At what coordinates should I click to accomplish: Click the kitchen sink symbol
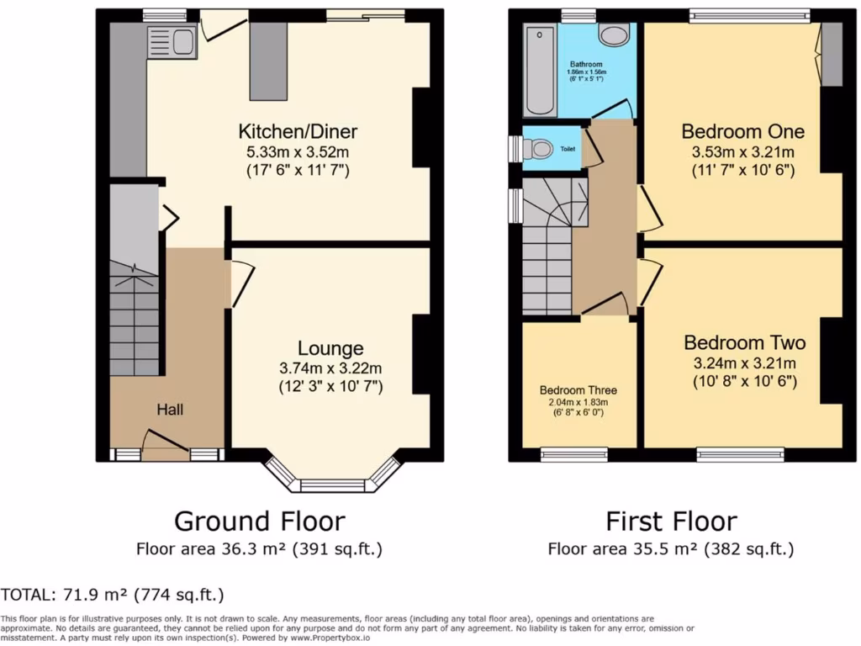[x=172, y=41]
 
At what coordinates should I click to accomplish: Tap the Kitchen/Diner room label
[x=298, y=131]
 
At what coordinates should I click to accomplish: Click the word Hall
[x=169, y=410]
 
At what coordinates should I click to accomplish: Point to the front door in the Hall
[x=165, y=443]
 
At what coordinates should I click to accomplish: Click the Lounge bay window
[x=333, y=483]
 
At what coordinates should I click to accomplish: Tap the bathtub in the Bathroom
[x=539, y=71]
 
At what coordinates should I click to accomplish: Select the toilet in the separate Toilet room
[x=539, y=149]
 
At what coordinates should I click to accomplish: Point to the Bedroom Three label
[x=578, y=390]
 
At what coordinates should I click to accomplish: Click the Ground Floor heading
[x=259, y=521]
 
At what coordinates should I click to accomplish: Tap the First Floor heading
[x=671, y=521]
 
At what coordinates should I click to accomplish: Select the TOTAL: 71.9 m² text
[x=113, y=595]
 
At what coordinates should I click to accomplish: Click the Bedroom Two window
[x=740, y=455]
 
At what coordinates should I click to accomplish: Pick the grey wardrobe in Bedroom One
[x=831, y=54]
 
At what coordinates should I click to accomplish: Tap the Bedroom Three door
[x=604, y=304]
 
